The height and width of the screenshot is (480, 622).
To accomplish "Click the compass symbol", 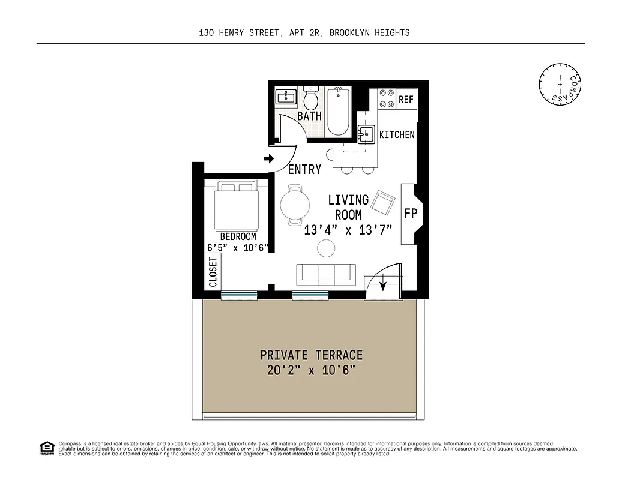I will pyautogui.click(x=561, y=85).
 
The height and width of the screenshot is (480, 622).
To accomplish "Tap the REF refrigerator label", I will pyautogui.click(x=406, y=100).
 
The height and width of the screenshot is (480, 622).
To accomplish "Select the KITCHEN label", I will pyautogui.click(x=397, y=135).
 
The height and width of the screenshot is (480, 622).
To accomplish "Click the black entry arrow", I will pyautogui.click(x=268, y=159).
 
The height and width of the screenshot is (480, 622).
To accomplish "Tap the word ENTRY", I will pyautogui.click(x=304, y=170).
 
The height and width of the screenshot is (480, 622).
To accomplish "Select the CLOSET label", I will pyautogui.click(x=213, y=271).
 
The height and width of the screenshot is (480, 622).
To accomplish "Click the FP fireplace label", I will pyautogui.click(x=411, y=214).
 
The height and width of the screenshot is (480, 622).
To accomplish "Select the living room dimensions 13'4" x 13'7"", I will pyautogui.click(x=348, y=230).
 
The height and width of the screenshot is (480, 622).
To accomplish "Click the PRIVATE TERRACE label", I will pyautogui.click(x=311, y=355).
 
